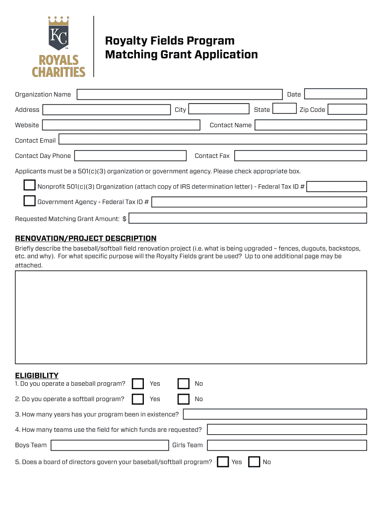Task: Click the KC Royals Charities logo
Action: click(x=59, y=47)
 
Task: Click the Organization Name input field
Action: click(x=179, y=95)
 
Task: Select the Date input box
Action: click(x=335, y=94)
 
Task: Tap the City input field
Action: click(x=219, y=109)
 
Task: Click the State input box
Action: click(x=285, y=109)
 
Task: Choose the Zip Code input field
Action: click(x=347, y=109)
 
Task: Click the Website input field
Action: click(x=121, y=125)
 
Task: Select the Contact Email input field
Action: click(x=212, y=140)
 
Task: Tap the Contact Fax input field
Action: click(x=300, y=156)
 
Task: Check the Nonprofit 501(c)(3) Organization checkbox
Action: click(x=30, y=186)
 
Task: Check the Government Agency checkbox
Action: click(x=30, y=201)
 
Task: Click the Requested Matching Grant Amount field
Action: click(x=248, y=218)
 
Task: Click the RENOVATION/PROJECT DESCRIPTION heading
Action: click(x=86, y=239)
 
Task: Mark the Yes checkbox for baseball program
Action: click(x=138, y=384)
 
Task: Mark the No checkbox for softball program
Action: click(x=184, y=399)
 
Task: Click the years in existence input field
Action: click(x=274, y=414)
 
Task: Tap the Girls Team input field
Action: click(x=287, y=445)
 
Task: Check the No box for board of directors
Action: click(x=254, y=462)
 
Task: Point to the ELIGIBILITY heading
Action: click(x=37, y=375)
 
